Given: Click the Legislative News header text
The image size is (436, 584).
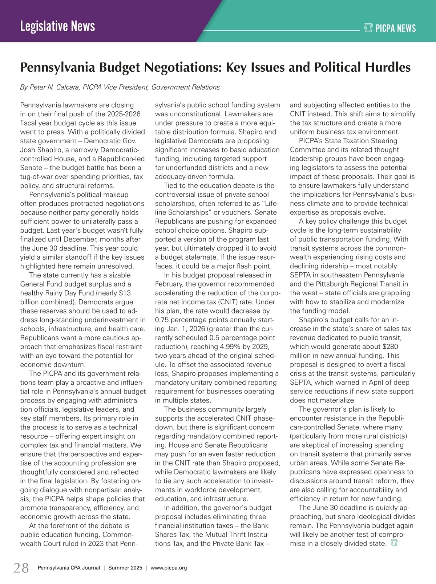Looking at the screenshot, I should (57, 26).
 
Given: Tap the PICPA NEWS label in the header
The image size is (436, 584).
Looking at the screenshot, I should (395, 28).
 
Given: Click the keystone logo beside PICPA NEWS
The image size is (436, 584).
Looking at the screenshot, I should (368, 28).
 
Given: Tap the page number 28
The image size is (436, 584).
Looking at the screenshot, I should (21, 568).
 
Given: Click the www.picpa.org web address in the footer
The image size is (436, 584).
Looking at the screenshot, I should (169, 568).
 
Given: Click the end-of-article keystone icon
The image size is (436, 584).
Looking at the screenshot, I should (394, 543).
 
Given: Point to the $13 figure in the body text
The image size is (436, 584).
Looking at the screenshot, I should (124, 293).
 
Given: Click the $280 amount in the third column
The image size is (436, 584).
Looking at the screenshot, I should (390, 347).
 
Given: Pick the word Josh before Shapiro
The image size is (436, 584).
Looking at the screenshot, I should (28, 150).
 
